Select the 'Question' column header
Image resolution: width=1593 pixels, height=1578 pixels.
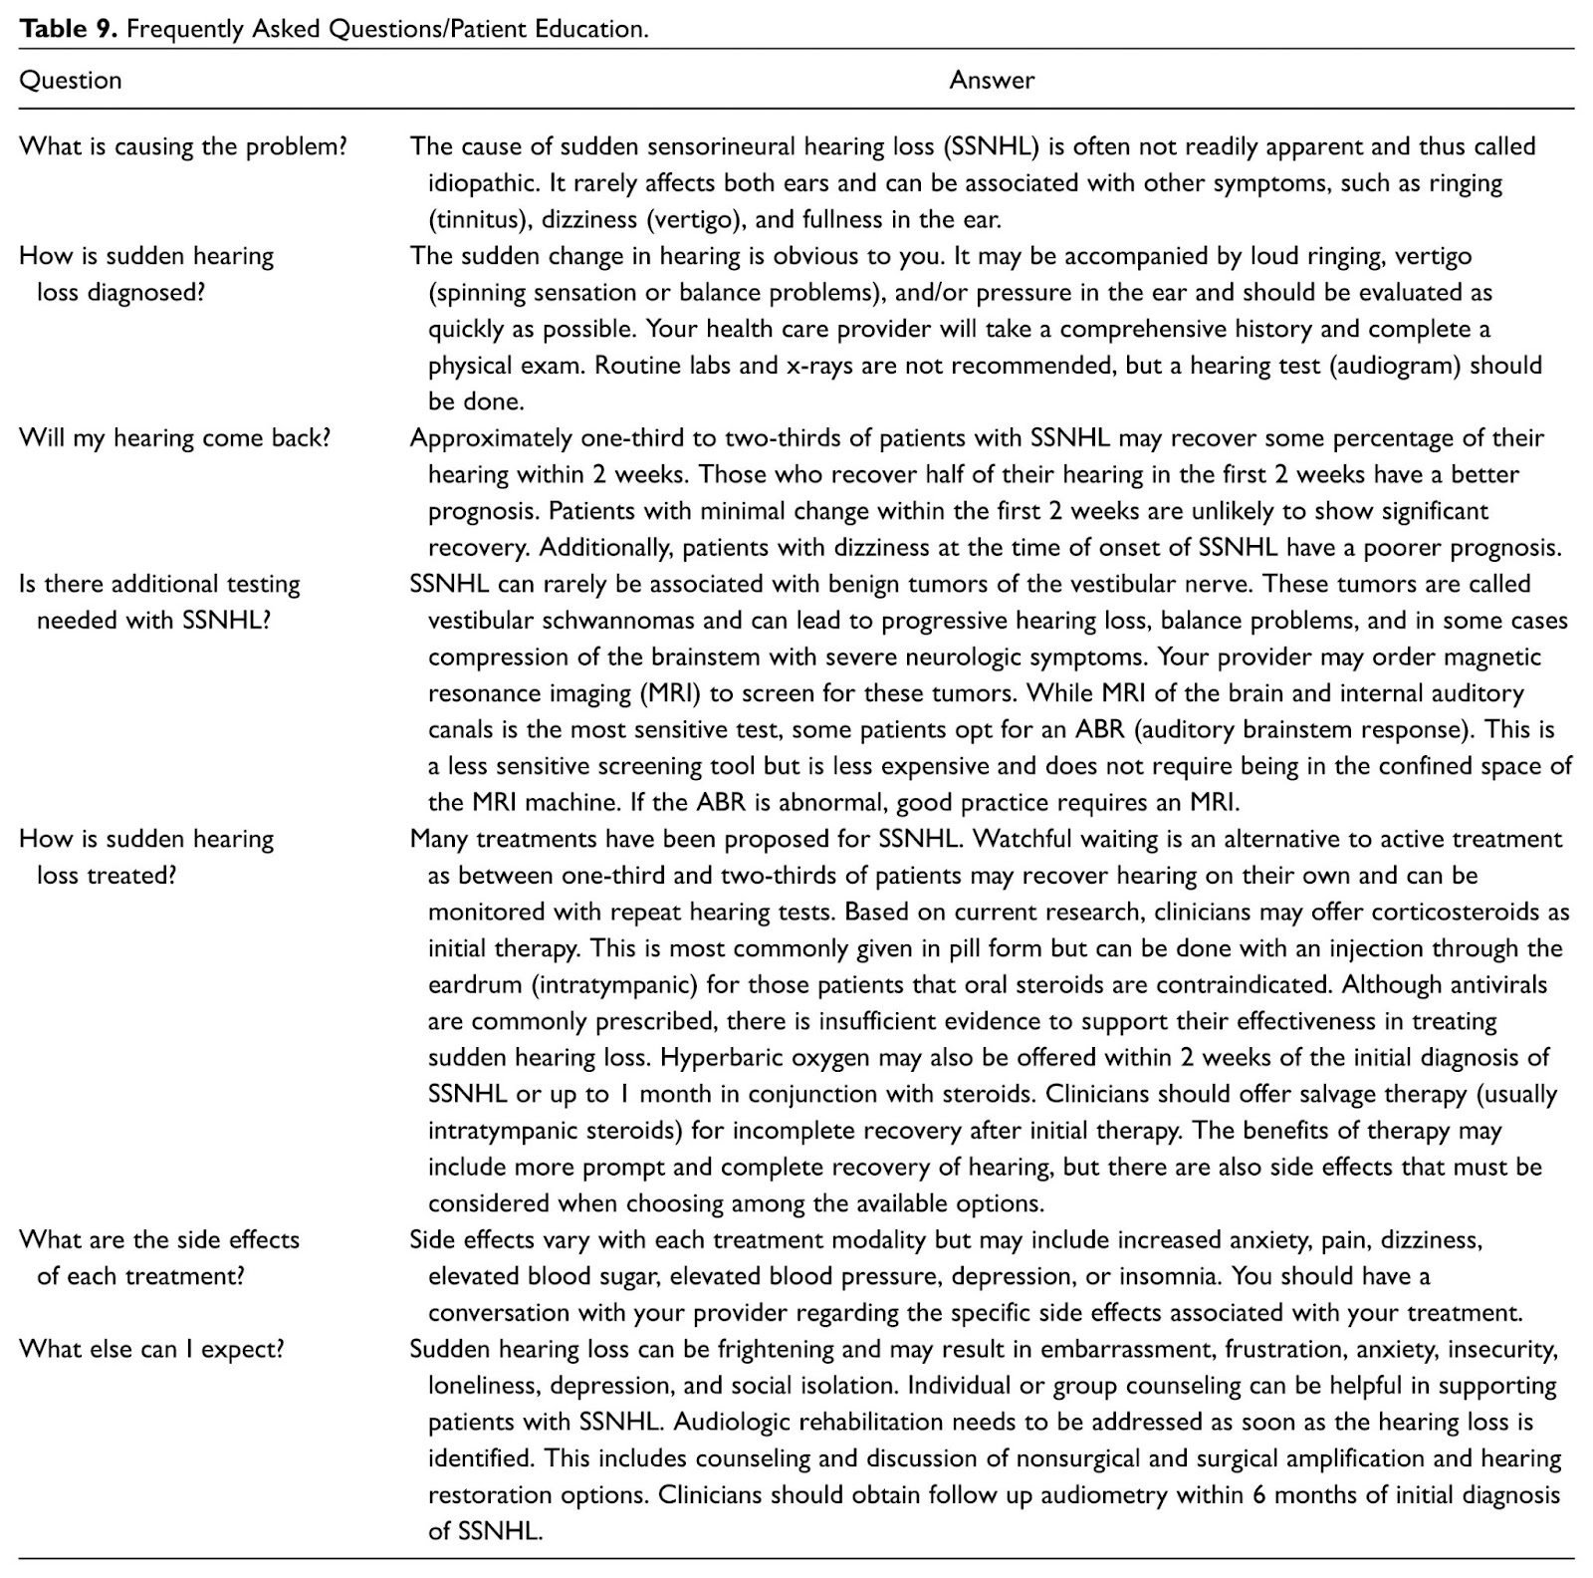[71, 81]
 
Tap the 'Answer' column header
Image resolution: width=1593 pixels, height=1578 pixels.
[992, 81]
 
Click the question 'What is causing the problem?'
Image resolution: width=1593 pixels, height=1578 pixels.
[183, 146]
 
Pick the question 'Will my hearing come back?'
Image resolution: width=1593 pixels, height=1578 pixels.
[174, 438]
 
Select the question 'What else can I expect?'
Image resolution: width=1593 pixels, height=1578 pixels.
[151, 1349]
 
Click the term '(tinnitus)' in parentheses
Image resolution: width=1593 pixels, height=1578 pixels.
[477, 219]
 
